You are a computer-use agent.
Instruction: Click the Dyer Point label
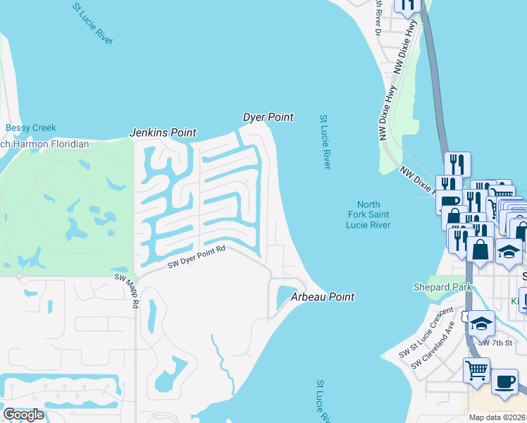pos(268,117)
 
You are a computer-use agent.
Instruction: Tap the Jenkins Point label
pos(163,133)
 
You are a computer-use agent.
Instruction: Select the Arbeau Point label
pos(323,298)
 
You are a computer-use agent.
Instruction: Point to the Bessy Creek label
pos(30,128)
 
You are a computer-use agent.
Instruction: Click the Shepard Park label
pos(436,287)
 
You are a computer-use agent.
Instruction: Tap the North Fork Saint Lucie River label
pos(373,214)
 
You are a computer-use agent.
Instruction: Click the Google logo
pos(23,415)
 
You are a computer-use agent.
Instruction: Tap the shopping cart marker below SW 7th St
pos(476,369)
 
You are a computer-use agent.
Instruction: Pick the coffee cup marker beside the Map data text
pos(504,381)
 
